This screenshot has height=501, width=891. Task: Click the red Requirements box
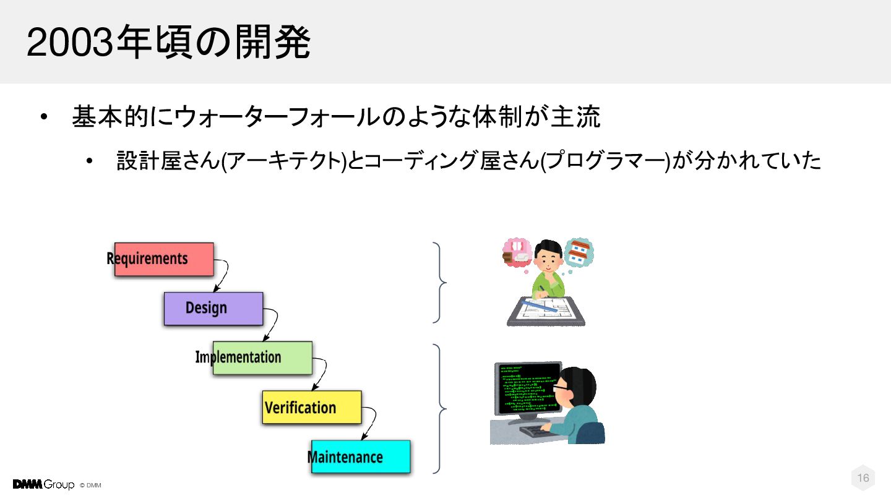click(x=164, y=259)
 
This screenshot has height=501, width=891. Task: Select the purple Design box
click(x=213, y=309)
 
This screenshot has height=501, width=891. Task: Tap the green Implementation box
click(x=262, y=358)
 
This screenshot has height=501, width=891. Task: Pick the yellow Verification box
click(x=312, y=407)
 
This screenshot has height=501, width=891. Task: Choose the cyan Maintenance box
click(x=361, y=456)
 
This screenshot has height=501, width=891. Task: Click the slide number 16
click(x=863, y=477)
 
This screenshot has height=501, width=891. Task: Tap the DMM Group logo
click(x=43, y=484)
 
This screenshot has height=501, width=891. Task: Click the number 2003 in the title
click(x=70, y=43)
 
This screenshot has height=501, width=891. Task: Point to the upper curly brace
click(x=439, y=282)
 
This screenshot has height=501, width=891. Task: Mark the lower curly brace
click(x=439, y=408)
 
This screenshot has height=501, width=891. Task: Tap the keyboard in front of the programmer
click(x=536, y=431)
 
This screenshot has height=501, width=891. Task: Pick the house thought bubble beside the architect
click(x=579, y=252)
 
